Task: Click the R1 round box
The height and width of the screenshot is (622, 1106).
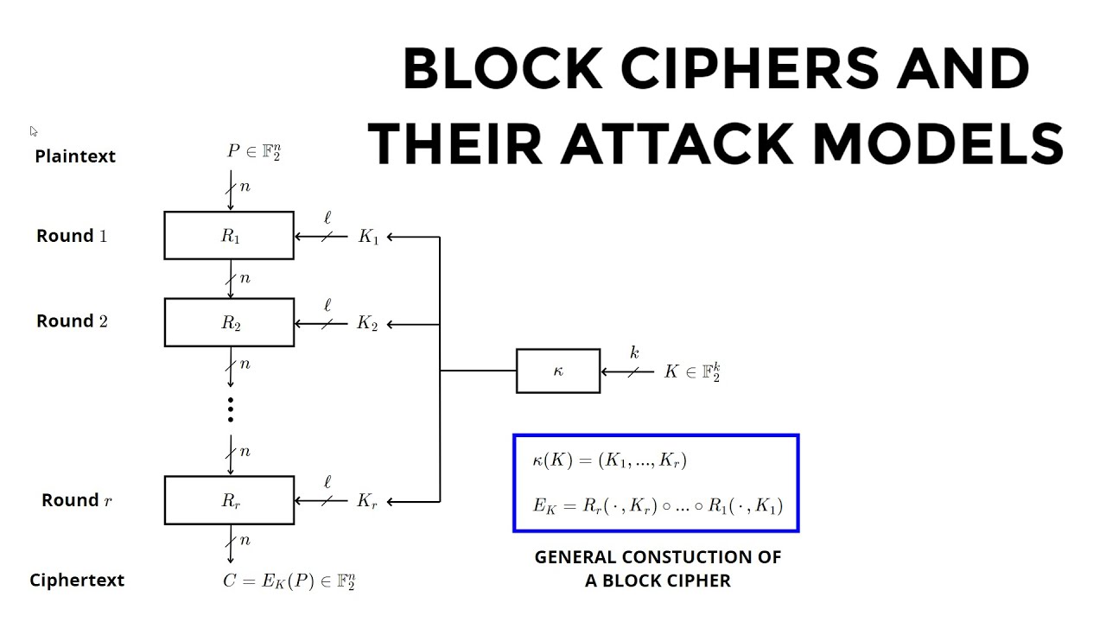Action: [229, 236]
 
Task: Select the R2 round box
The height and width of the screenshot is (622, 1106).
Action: [229, 323]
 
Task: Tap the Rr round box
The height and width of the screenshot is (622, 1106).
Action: [229, 500]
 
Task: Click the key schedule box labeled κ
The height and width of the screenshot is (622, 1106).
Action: [558, 371]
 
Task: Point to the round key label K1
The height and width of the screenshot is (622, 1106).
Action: [369, 237]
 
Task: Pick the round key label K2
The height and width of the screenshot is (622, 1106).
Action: [368, 324]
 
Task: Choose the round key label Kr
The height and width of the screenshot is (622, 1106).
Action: [367, 501]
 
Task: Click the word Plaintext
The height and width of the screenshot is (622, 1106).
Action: [75, 156]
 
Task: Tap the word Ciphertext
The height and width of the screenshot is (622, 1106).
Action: [77, 581]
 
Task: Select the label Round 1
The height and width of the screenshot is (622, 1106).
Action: [72, 236]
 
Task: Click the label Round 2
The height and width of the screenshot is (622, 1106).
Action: [72, 321]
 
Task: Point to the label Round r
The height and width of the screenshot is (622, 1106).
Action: [77, 500]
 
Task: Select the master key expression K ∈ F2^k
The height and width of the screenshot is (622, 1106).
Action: [692, 372]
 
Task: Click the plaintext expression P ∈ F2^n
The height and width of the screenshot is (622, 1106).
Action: [254, 152]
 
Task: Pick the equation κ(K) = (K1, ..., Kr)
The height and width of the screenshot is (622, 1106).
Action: [610, 460]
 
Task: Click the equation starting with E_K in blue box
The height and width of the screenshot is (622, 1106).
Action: [658, 506]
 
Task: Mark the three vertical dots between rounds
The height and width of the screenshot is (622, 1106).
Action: [231, 409]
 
